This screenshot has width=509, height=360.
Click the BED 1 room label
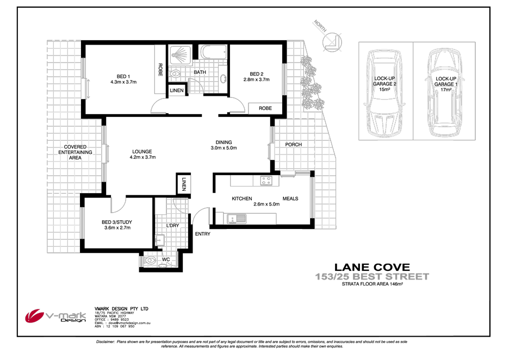click(x=123, y=76)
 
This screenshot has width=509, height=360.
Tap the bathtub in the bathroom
click(x=213, y=53)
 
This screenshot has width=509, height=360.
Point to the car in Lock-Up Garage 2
click(x=384, y=96)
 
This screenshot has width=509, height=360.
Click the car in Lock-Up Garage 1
click(x=442, y=96)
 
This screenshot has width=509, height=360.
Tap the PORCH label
click(x=293, y=145)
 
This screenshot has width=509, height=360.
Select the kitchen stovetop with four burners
click(x=266, y=181)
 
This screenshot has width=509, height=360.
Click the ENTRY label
click(x=202, y=234)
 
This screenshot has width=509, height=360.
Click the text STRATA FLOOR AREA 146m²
click(x=372, y=284)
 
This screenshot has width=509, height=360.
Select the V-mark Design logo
click(x=57, y=316)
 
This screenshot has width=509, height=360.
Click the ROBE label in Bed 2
click(x=265, y=108)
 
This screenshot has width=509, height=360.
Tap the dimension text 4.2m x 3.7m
click(x=142, y=158)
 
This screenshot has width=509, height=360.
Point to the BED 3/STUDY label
click(x=117, y=222)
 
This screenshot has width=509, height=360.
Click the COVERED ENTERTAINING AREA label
click(x=76, y=152)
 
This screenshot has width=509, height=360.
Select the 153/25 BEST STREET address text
click(x=372, y=277)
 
